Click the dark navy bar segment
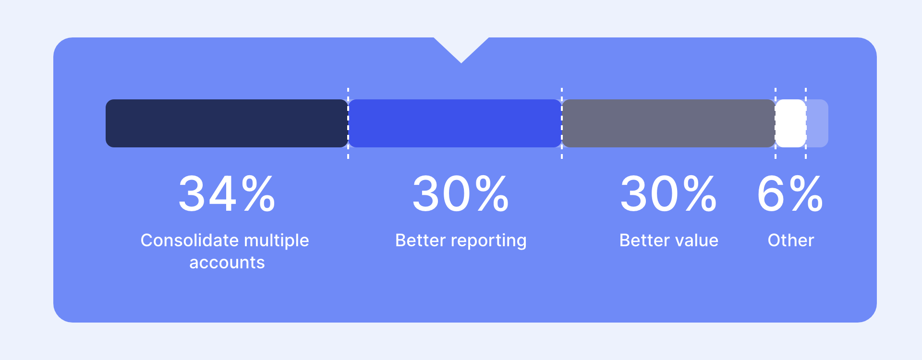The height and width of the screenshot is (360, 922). [x=227, y=123]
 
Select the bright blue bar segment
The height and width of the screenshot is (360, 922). [x=455, y=123]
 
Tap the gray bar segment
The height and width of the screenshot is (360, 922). [x=668, y=123]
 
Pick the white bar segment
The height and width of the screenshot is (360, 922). [x=790, y=123]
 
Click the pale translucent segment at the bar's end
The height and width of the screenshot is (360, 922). [x=817, y=123]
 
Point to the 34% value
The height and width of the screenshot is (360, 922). [x=227, y=193]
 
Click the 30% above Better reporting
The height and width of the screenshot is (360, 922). [x=461, y=193]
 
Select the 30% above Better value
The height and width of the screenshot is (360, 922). [x=668, y=193]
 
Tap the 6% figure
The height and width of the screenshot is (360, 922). [x=790, y=193]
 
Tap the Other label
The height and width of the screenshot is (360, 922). [x=791, y=240]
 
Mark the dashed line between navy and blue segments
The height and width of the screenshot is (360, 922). [x=348, y=123]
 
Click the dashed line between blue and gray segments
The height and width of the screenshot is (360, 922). [x=562, y=123]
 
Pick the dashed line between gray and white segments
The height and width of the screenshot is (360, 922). [x=776, y=123]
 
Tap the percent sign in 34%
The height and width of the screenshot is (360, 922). [x=259, y=193]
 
